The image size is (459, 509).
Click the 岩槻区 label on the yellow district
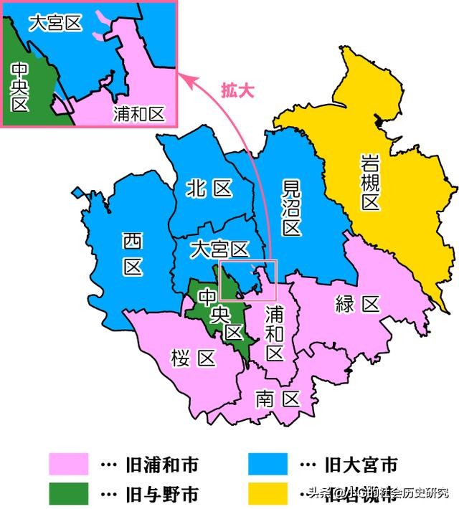369,183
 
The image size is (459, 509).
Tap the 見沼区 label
290,208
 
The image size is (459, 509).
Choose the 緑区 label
357,305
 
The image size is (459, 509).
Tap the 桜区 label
193,358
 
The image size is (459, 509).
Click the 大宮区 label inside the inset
55,23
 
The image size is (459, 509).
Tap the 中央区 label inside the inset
19,85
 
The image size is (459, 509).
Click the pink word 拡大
241,92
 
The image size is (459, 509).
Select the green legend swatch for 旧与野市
69,493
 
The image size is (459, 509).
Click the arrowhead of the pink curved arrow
188,78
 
